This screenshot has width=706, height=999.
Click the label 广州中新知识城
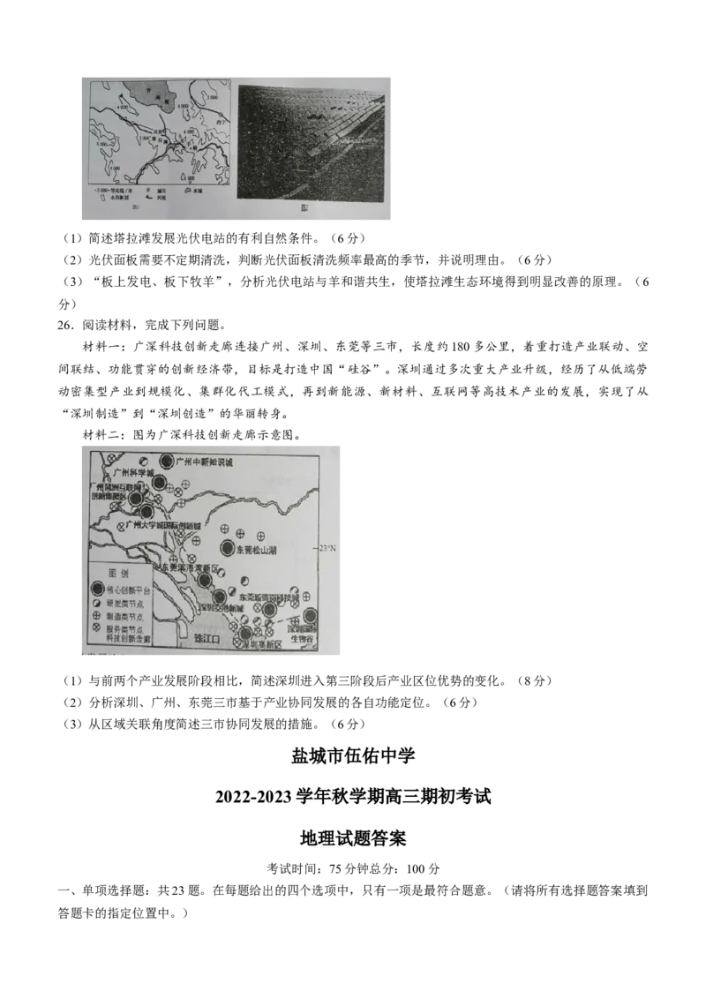click(x=204, y=462)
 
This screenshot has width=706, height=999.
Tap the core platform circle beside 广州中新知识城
click(x=167, y=461)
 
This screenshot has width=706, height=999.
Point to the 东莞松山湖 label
click(x=259, y=549)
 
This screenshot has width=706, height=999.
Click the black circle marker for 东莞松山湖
click(x=228, y=548)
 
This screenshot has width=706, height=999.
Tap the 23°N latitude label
click(x=327, y=548)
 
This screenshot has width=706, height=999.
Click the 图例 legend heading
click(x=118, y=573)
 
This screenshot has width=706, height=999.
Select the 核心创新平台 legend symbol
click(x=97, y=590)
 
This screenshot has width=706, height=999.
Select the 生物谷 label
click(x=304, y=638)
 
